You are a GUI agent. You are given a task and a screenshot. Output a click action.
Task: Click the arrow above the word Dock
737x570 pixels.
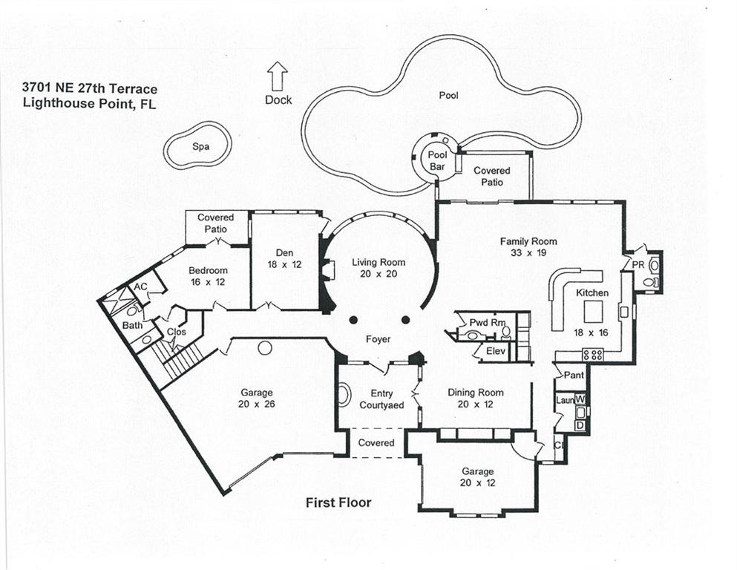pos(278,76)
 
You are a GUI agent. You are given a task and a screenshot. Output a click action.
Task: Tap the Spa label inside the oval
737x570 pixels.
pos(200,147)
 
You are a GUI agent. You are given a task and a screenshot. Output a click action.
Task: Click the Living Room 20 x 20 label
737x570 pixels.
pos(379,268)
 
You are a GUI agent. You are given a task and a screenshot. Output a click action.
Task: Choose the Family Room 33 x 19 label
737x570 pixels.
pos(528,247)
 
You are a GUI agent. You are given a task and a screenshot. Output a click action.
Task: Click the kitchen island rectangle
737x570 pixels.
pos(594,311)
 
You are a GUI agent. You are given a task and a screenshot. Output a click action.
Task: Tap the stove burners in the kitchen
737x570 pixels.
pos(593,354)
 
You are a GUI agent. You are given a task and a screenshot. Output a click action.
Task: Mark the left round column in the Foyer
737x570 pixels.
pos(353,320)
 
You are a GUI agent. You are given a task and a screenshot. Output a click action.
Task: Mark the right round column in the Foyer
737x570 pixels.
pos(405,320)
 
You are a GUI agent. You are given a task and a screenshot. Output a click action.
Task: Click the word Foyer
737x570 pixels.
pos(378,339)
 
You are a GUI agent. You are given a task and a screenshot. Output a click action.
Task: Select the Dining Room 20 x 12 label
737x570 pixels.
pos(475,399)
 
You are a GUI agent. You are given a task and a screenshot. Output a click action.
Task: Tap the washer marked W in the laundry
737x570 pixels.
pos(580,400)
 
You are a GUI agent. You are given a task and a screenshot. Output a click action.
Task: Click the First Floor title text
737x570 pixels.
pos(338,502)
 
